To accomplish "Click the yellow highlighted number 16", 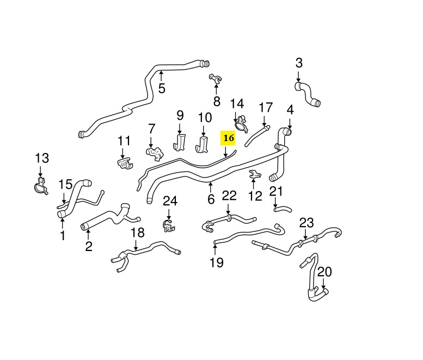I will point(228,138).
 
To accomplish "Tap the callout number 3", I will point(299,63).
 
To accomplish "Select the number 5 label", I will point(162,88).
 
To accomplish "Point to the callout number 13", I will point(42,158).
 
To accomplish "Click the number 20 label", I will point(324,271).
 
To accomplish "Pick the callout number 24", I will point(170,202).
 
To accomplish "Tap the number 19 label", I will point(217,263).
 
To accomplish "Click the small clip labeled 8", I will point(216,80).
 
